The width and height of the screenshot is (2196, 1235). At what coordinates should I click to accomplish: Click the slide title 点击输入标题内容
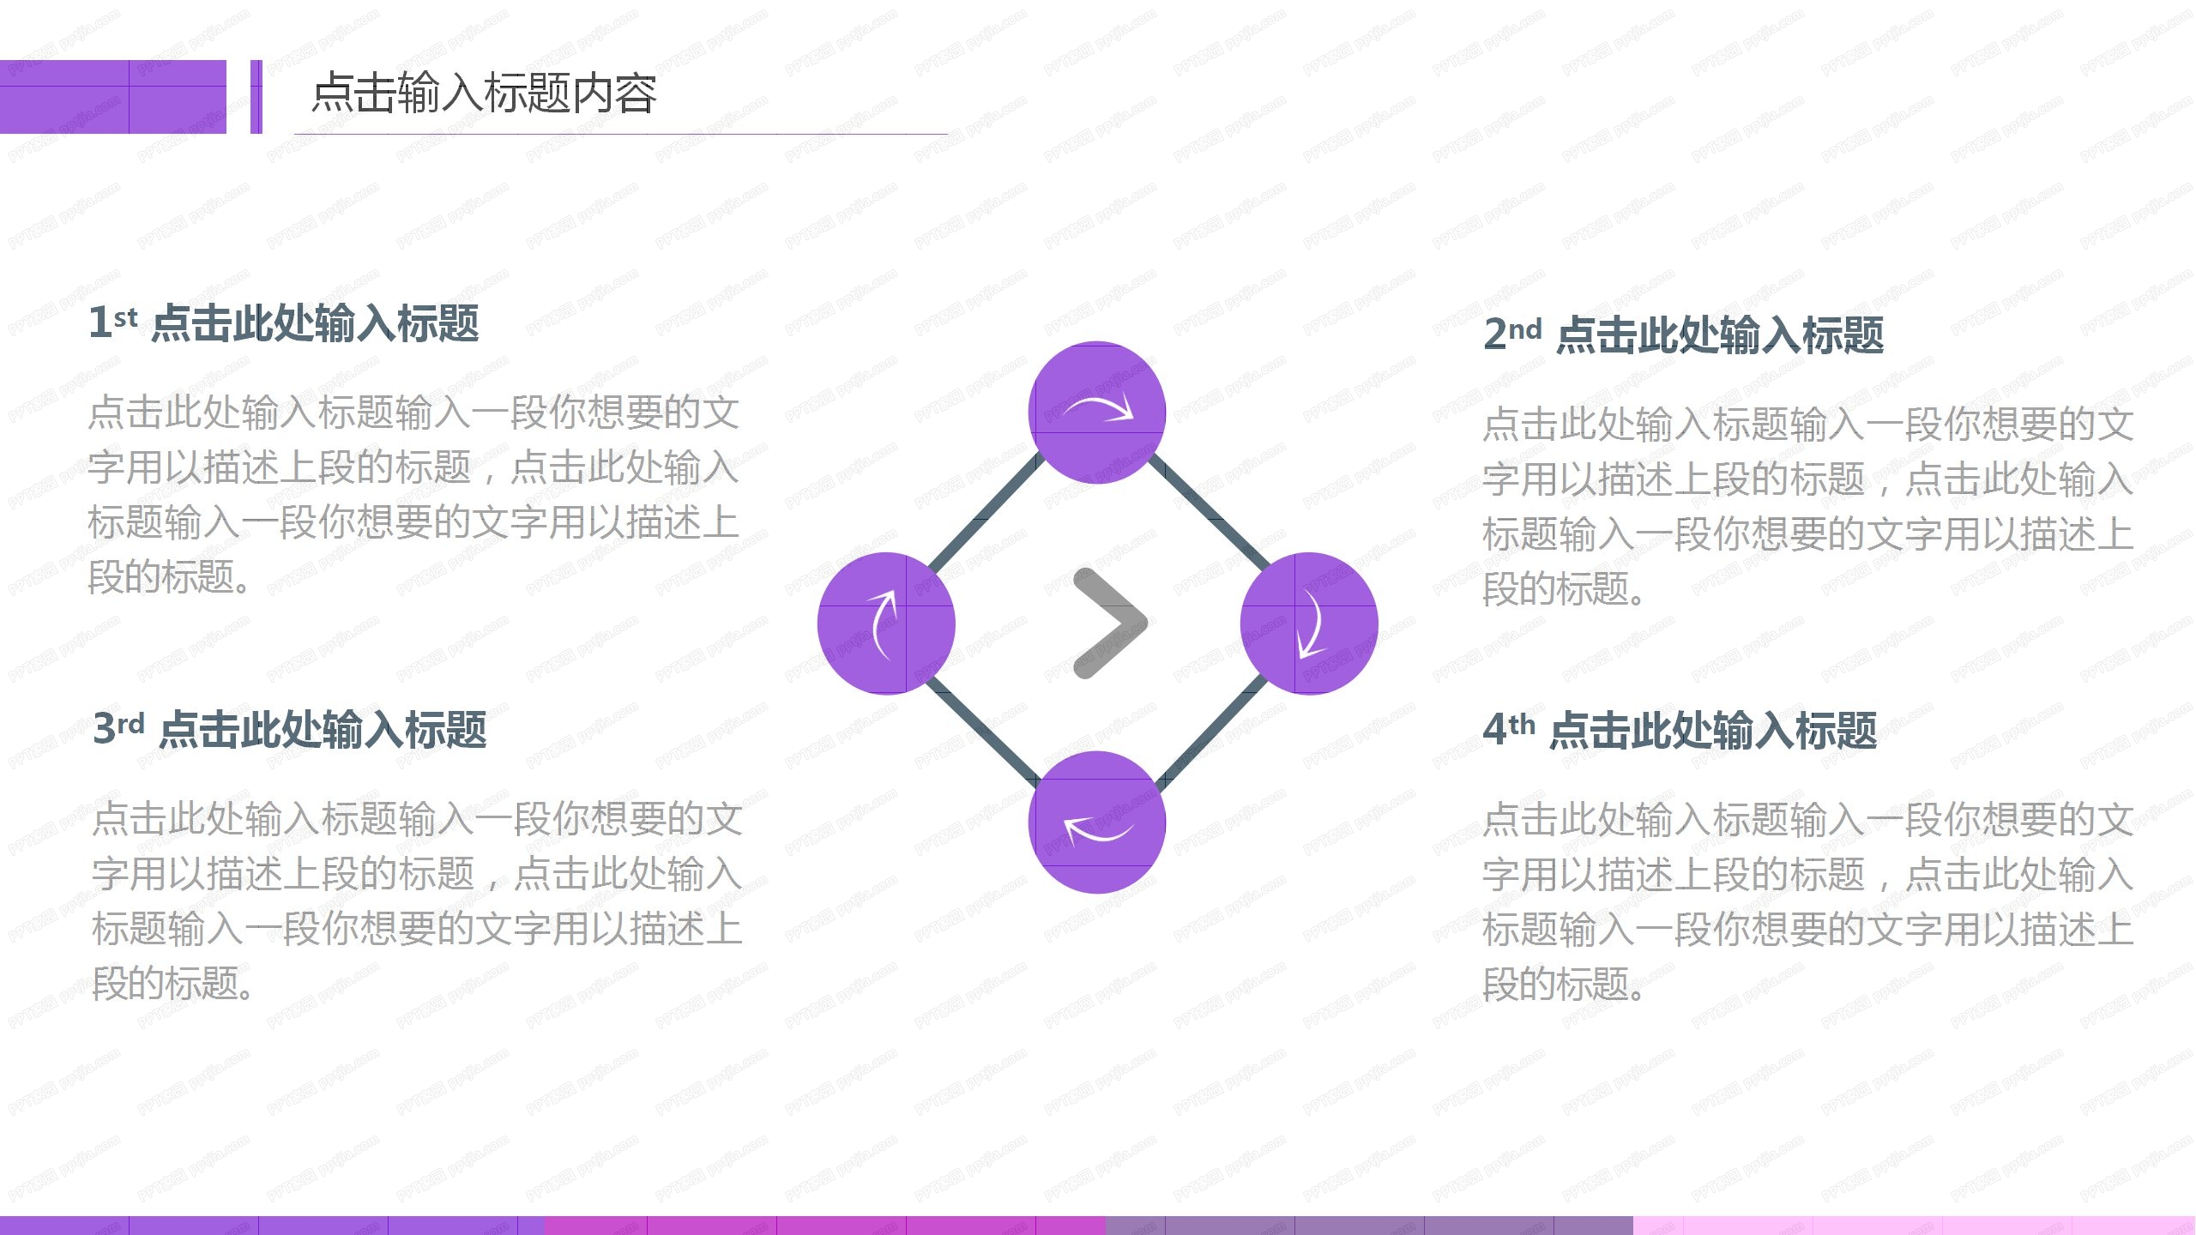pos(484,93)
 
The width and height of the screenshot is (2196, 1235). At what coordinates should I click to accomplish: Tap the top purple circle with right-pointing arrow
pos(1096,413)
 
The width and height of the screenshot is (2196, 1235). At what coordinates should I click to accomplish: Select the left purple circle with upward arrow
pos(886,623)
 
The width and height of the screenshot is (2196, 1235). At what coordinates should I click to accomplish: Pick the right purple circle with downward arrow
pos(1309,623)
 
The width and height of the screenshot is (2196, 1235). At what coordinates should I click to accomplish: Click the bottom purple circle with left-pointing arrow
pos(1096,822)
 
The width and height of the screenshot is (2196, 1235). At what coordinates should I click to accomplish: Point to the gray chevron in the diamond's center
pos(1108,623)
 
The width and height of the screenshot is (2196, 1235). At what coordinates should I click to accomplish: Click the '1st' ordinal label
pos(112,322)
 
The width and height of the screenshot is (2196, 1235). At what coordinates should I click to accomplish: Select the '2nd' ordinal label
pos(1512,333)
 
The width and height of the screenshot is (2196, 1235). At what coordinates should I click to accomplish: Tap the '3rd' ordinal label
pos(118,728)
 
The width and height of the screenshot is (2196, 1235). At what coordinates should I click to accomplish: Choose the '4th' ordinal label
pos(1509,729)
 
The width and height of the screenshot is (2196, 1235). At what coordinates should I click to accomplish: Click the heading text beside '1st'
pos(316,324)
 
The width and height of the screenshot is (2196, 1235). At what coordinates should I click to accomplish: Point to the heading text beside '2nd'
pos(1720,334)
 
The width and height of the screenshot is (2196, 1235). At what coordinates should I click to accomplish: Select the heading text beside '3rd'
pos(323,730)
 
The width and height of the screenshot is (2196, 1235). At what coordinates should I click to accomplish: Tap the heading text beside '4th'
pos(1713,731)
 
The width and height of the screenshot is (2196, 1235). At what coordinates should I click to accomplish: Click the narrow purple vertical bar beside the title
pos(256,96)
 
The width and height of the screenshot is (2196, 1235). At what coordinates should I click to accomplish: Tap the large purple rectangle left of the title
pos(112,96)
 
